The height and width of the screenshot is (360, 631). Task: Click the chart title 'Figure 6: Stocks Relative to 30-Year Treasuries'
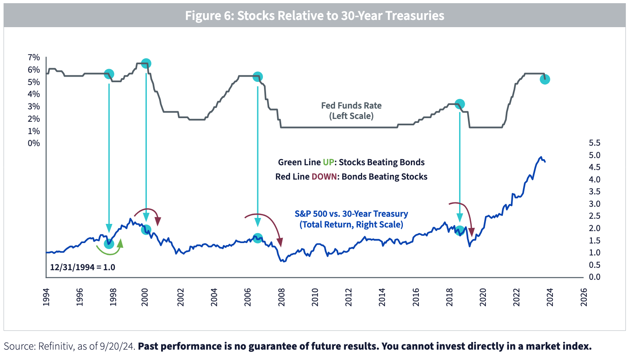point(314,16)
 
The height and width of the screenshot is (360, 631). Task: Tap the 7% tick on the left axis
point(34,57)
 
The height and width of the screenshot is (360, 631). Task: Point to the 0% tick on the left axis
point(34,143)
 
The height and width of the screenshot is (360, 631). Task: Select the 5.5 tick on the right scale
point(594,143)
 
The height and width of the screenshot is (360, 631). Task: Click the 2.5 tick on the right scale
point(594,216)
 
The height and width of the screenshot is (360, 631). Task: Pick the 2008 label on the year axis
point(282,297)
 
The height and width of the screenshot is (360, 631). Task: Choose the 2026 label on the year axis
point(584,297)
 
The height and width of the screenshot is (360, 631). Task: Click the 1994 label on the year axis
point(46,297)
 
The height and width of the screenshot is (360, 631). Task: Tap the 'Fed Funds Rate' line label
point(351,106)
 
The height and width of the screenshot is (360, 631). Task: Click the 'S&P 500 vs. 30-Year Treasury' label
point(351,214)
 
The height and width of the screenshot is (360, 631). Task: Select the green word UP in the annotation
point(328,162)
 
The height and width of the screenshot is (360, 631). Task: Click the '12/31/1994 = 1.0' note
point(83,267)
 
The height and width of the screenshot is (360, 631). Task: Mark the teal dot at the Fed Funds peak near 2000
point(146,63)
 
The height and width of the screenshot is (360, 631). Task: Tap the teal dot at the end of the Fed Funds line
point(545,79)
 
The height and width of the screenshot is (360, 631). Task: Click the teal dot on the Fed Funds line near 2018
point(459,104)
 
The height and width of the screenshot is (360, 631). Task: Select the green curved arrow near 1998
point(110,249)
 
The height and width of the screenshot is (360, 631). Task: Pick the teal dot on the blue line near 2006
point(258,238)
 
